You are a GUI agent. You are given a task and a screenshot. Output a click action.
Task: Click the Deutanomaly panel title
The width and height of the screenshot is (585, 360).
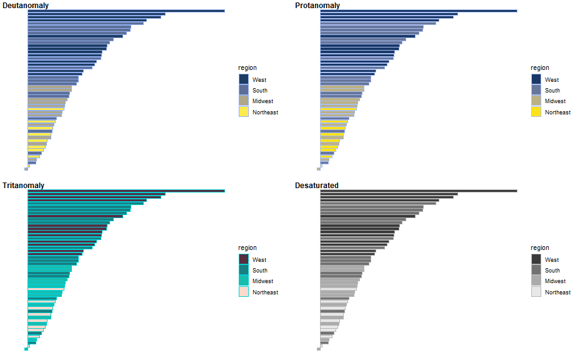tap(26, 6)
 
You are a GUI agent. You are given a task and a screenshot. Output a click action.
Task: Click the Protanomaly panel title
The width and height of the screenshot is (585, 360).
tap(317, 6)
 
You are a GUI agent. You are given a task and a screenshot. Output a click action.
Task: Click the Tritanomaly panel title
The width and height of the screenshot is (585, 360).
tap(23, 186)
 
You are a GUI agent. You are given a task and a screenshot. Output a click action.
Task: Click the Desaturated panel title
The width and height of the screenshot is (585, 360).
tap(317, 186)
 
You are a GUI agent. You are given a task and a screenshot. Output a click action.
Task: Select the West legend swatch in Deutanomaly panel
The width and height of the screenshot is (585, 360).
tap(244, 79)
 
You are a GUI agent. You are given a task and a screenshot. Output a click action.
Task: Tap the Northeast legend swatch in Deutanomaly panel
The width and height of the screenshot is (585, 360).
tap(244, 112)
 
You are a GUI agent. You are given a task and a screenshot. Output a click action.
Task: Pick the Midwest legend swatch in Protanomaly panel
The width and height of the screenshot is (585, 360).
tap(536, 101)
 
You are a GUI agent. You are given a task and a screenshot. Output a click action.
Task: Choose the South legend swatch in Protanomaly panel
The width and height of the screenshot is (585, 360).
tap(536, 90)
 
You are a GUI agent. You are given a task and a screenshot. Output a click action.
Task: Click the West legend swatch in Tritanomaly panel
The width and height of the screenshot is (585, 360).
tap(244, 259)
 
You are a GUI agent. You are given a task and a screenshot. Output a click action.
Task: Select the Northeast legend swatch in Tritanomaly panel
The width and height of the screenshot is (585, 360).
tap(244, 292)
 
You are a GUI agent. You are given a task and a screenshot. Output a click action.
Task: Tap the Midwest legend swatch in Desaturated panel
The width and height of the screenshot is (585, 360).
tap(536, 281)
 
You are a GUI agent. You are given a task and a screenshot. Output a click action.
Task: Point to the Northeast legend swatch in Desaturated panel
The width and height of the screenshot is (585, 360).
tap(536, 292)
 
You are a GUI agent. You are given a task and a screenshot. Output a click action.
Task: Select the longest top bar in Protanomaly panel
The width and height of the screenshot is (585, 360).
tap(419, 11)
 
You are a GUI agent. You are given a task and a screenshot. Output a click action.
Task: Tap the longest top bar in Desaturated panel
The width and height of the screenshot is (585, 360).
tap(419, 191)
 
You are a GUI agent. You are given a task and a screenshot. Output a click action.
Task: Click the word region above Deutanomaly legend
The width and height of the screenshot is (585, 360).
tap(247, 68)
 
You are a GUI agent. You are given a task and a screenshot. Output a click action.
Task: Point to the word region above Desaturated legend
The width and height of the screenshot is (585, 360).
tap(540, 248)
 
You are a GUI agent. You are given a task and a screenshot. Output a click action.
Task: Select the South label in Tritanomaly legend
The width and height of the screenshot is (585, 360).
tap(260, 271)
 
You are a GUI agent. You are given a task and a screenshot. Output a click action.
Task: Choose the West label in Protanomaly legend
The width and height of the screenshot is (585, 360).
tap(552, 80)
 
